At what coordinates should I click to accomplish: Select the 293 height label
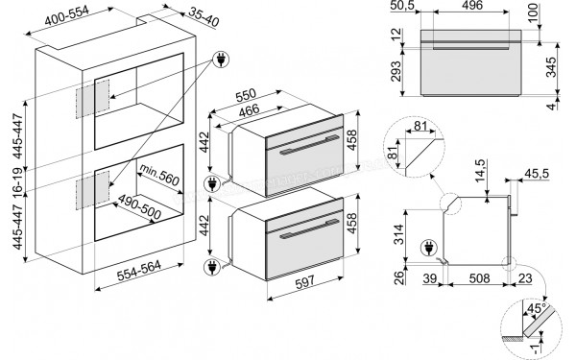(x=396, y=73)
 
